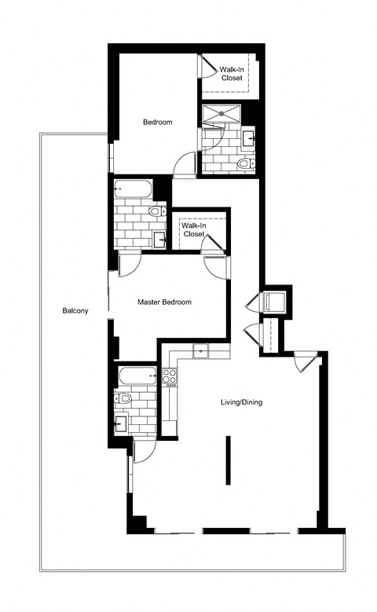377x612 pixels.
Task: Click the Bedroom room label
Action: tap(157, 122)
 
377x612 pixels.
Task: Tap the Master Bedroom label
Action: tap(164, 302)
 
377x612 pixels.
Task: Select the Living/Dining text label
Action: tap(241, 403)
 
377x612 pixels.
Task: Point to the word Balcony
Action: tap(75, 310)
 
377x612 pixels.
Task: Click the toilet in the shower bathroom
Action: tap(244, 163)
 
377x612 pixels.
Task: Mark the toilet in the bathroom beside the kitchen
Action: tap(121, 399)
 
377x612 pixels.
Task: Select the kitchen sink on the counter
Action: tap(199, 350)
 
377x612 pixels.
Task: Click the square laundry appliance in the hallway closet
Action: tap(275, 302)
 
